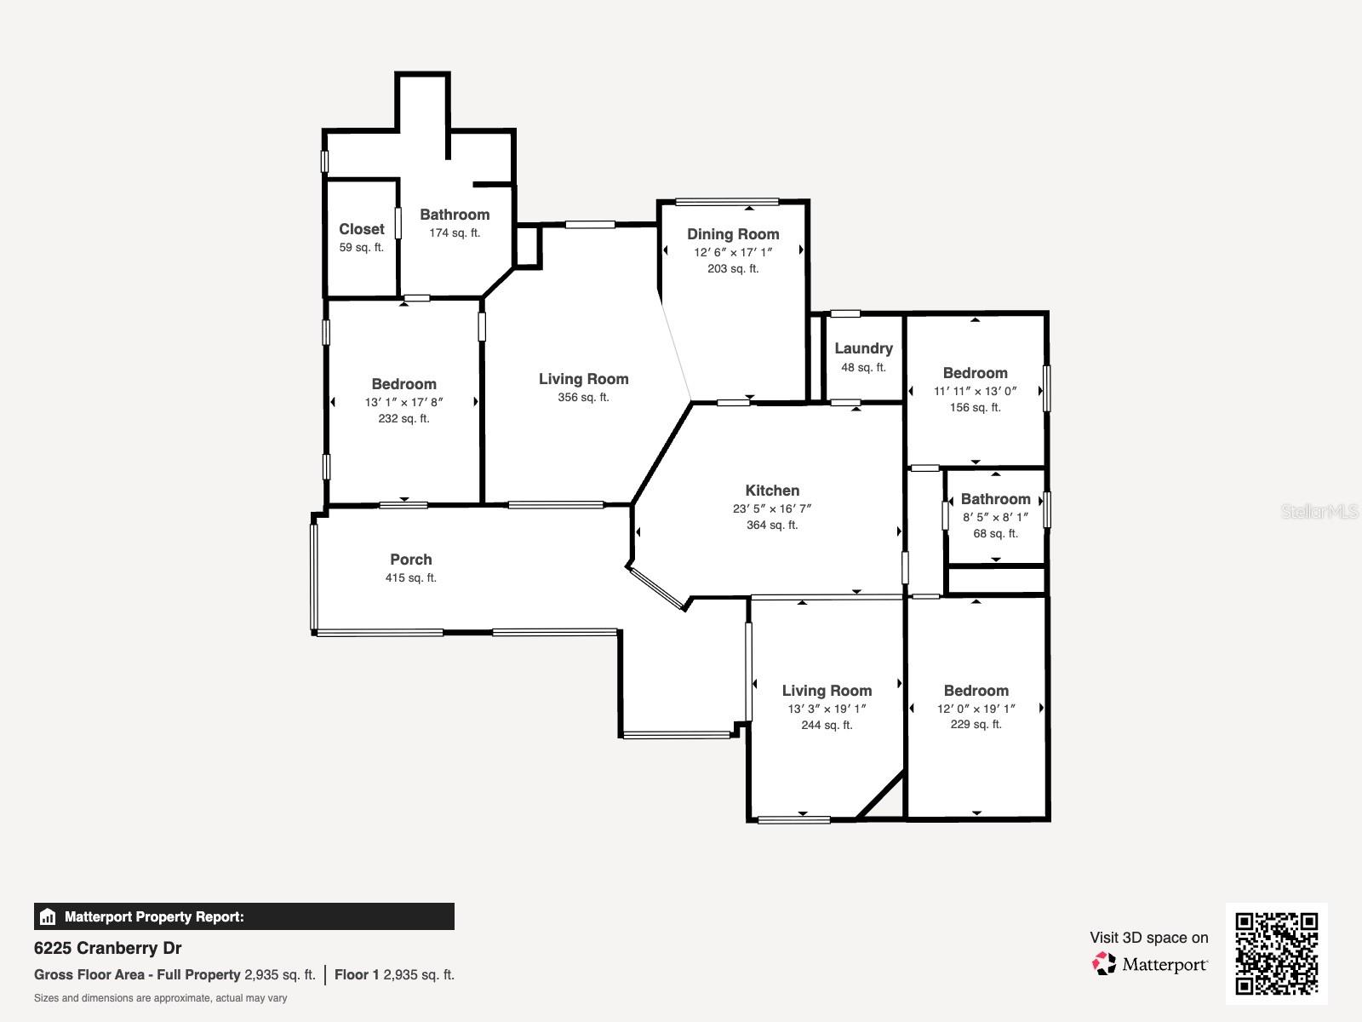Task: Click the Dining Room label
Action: coord(733,234)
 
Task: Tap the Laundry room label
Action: coord(863,348)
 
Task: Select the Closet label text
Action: coord(362,229)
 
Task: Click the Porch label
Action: coord(411,560)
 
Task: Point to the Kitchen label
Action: coord(772,491)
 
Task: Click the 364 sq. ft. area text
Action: coord(772,525)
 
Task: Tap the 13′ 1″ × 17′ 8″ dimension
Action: coord(404,402)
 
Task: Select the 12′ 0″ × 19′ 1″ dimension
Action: coord(976,709)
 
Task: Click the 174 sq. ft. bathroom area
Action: coord(455,233)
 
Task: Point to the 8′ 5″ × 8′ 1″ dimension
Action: coord(996,517)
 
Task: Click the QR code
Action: coord(1276,954)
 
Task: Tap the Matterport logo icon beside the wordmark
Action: coord(1104,964)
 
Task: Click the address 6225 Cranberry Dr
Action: coord(108,948)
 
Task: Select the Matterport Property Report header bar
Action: coord(244,917)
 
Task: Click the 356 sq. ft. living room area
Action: coord(583,398)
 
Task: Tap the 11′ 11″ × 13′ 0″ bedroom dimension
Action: coord(976,392)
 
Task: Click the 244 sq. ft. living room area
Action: coord(827,726)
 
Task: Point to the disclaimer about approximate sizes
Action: coord(161,998)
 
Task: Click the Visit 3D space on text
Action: coord(1148,938)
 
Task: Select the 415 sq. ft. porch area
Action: coord(411,578)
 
